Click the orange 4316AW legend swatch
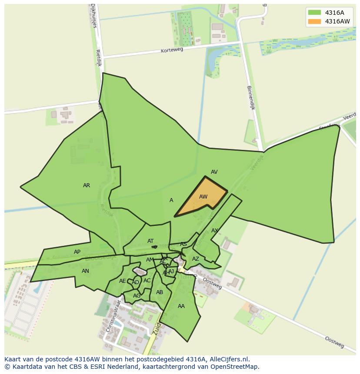tap(314, 21)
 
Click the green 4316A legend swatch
tap(314, 13)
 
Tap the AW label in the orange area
tap(203, 197)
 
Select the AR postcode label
tap(87, 185)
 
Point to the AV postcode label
tap(214, 172)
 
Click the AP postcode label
tap(77, 252)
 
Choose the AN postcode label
tap(85, 271)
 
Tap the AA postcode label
tap(181, 306)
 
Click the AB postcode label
tap(160, 292)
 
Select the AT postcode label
tap(150, 241)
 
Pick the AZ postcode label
tap(196, 259)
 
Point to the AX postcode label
tap(214, 231)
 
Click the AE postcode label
tap(122, 281)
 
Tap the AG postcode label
tap(137, 296)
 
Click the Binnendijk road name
tap(251, 97)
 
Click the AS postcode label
tap(183, 245)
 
